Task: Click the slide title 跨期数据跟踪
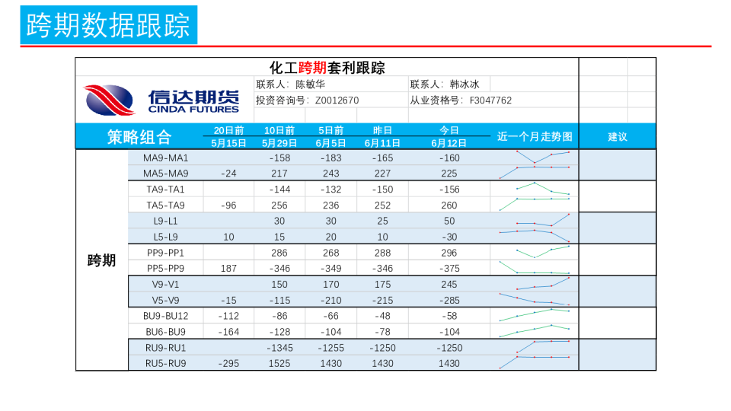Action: pyautogui.click(x=108, y=25)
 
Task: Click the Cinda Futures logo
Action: pyautogui.click(x=161, y=100)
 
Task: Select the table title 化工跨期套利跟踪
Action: pyautogui.click(x=327, y=68)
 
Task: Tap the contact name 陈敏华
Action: pyautogui.click(x=310, y=84)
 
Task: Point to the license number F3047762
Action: pyautogui.click(x=490, y=100)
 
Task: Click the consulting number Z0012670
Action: pyautogui.click(x=337, y=100)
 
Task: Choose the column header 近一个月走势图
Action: pyautogui.click(x=534, y=137)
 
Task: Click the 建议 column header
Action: pyautogui.click(x=617, y=137)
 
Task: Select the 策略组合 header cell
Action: pyautogui.click(x=139, y=137)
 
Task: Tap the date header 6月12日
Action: pyautogui.click(x=448, y=143)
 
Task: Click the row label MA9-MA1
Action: pyautogui.click(x=165, y=158)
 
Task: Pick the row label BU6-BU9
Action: pyautogui.click(x=165, y=332)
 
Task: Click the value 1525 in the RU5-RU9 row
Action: pyautogui.click(x=279, y=364)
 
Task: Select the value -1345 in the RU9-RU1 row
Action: pyautogui.click(x=279, y=348)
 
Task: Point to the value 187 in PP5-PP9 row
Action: pyautogui.click(x=228, y=269)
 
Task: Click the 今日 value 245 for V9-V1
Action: pyautogui.click(x=448, y=285)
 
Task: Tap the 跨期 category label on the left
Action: pyautogui.click(x=101, y=261)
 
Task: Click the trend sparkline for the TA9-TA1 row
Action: pyautogui.click(x=534, y=189)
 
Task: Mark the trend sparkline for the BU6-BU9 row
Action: pyautogui.click(x=534, y=330)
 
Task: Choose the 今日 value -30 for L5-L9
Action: pyautogui.click(x=448, y=237)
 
